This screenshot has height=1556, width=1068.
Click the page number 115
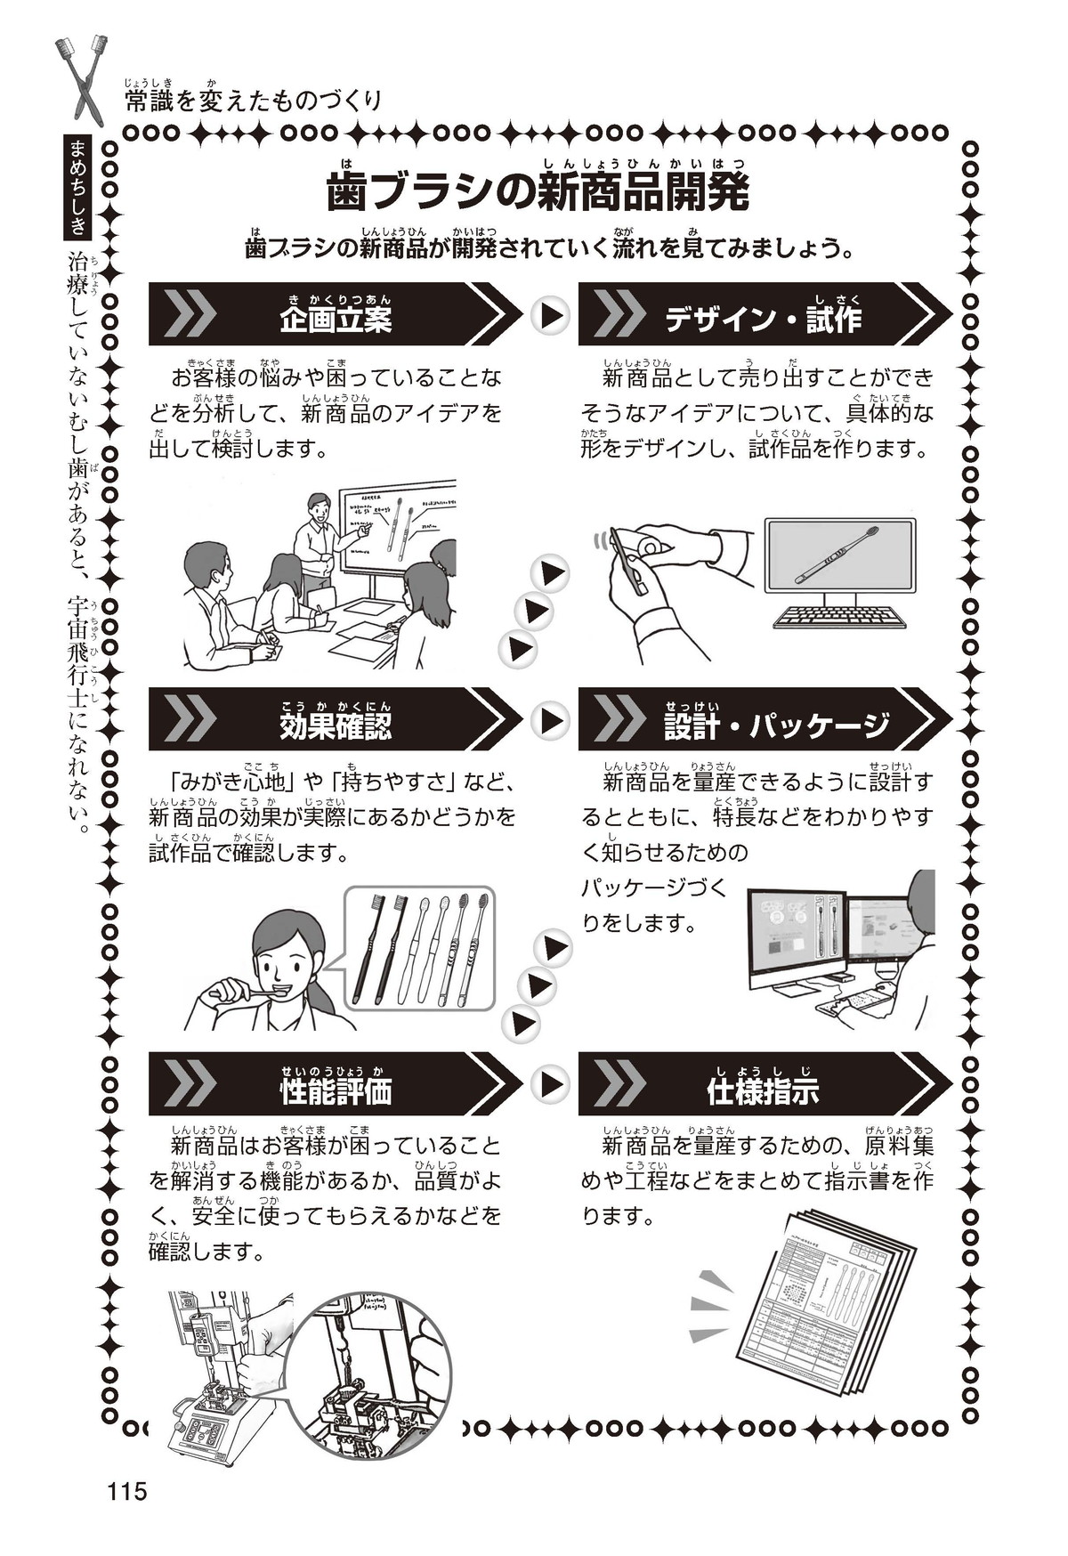point(126,1491)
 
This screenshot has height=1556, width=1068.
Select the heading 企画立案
point(335,318)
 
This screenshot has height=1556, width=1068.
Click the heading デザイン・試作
point(763,318)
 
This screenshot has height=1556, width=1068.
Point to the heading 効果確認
point(335,725)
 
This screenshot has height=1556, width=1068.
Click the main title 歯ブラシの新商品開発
point(538,192)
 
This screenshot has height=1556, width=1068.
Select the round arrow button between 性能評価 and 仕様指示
point(550,1084)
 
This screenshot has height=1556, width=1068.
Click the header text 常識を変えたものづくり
point(253,100)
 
